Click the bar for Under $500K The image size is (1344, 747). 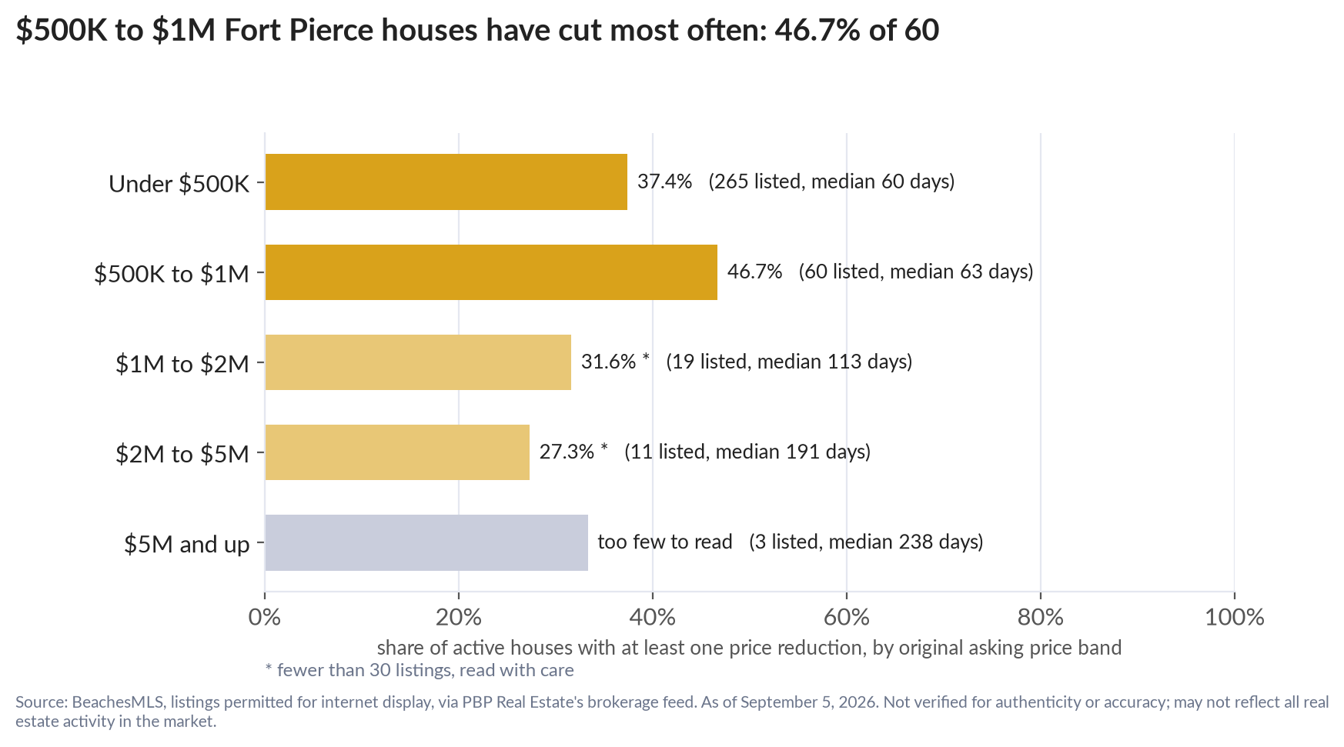click(x=446, y=182)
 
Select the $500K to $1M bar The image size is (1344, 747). click(x=491, y=272)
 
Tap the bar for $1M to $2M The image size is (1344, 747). click(x=418, y=362)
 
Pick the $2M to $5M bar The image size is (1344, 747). click(x=397, y=452)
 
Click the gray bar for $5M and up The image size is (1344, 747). click(x=426, y=542)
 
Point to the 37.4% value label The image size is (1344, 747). click(x=664, y=182)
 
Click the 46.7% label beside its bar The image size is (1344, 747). click(x=754, y=272)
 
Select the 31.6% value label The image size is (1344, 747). click(x=608, y=362)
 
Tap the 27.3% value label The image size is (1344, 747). click(x=567, y=452)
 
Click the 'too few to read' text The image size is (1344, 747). click(x=665, y=542)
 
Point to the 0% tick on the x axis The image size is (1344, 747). click(x=265, y=617)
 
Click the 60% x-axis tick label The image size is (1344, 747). click(x=847, y=617)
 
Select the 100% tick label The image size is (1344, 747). click(x=1235, y=617)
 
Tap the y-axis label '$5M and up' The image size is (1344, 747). click(x=187, y=545)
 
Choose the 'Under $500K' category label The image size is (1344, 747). click(x=179, y=184)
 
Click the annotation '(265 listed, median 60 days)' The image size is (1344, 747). click(x=831, y=182)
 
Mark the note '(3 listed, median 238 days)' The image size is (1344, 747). click(x=866, y=542)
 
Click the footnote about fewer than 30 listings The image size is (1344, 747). click(x=420, y=670)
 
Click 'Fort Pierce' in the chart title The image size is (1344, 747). click(x=299, y=30)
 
